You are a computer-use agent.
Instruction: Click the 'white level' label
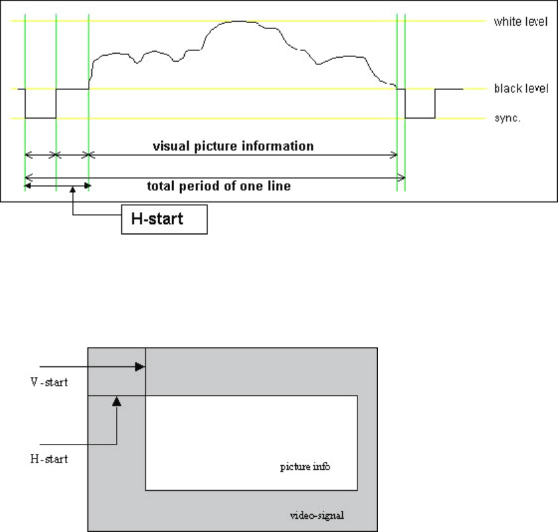(520, 22)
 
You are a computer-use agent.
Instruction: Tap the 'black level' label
(522, 89)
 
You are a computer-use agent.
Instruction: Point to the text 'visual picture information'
(233, 146)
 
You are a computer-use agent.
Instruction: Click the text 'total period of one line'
(218, 186)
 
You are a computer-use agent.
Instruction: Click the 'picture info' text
(304, 467)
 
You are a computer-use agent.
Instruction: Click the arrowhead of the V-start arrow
(140, 366)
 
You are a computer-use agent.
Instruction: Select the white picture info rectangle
(252, 443)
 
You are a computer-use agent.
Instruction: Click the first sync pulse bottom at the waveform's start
(40, 118)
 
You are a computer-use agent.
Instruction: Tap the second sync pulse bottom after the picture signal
(420, 118)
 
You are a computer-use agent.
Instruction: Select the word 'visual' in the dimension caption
(169, 146)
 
